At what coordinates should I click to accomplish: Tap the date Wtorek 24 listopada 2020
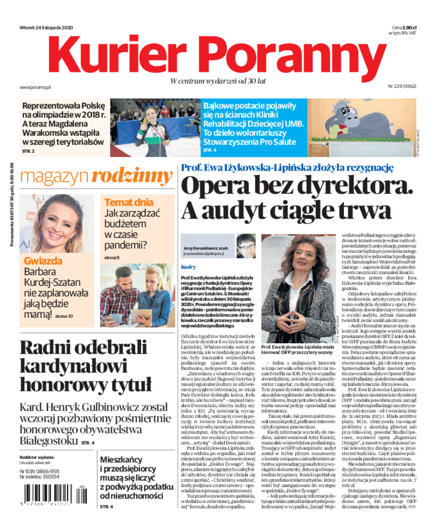click(46, 28)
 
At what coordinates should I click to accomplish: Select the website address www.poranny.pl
click(35, 87)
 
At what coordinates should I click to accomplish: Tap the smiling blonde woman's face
click(51, 220)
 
